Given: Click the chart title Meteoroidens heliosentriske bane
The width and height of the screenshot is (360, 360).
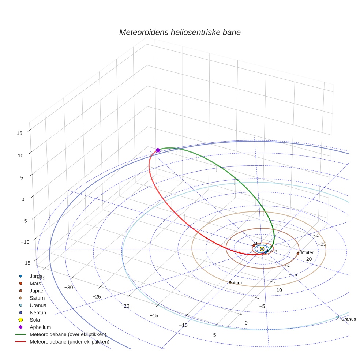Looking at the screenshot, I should [x=180, y=32].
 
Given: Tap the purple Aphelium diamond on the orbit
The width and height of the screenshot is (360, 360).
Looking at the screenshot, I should [x=158, y=150].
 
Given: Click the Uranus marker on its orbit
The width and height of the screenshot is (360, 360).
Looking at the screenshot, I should [x=337, y=317].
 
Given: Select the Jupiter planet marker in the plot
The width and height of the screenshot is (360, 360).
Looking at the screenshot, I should [x=298, y=254].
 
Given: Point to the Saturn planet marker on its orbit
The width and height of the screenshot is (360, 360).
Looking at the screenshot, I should [x=230, y=282].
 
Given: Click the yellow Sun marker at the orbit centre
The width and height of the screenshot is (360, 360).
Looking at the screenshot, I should [x=262, y=249].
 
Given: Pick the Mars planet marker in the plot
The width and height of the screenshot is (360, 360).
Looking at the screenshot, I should [x=254, y=245].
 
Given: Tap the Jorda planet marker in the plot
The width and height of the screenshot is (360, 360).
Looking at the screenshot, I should [x=266, y=252].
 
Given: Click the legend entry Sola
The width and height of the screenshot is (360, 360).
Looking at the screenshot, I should [x=35, y=320].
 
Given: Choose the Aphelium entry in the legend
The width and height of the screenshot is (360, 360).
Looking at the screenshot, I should [x=40, y=327].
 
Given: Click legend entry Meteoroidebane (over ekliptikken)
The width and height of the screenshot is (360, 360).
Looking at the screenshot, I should [x=68, y=334].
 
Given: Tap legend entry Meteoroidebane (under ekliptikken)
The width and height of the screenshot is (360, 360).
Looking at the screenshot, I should [x=69, y=342].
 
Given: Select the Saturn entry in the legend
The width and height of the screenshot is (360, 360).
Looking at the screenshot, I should [x=37, y=298].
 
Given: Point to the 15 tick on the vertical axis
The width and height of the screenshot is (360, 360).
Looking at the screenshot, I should [x=20, y=133].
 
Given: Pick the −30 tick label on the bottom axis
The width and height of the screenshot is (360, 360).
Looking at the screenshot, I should [x=69, y=287].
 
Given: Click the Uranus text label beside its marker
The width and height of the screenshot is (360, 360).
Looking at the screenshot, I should [x=348, y=319].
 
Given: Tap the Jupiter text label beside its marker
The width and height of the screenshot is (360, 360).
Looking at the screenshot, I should [x=307, y=253].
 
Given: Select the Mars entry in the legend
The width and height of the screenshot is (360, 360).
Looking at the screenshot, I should [x=35, y=283].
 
